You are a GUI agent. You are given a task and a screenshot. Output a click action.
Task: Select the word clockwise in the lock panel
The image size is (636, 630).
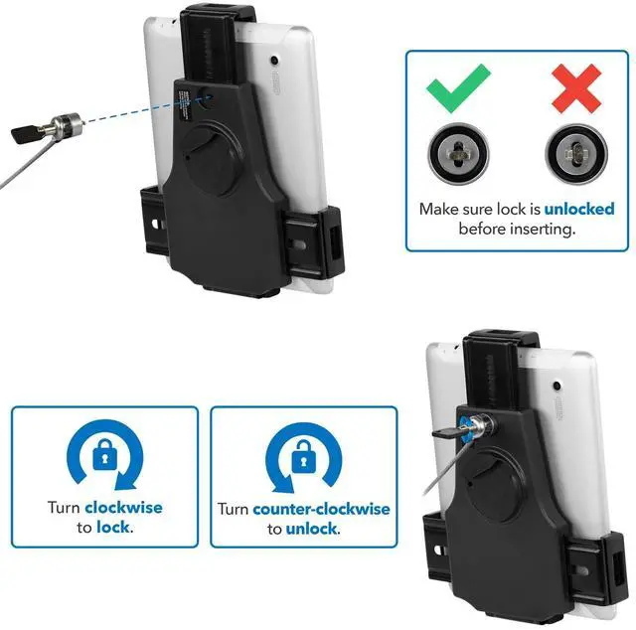tap(123, 508)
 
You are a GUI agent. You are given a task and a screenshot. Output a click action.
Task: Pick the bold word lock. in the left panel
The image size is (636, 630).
tap(115, 528)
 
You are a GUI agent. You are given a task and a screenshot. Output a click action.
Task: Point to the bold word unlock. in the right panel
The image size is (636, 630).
tap(312, 530)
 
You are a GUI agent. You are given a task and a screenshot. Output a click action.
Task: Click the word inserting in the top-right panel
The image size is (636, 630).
tap(546, 230)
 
